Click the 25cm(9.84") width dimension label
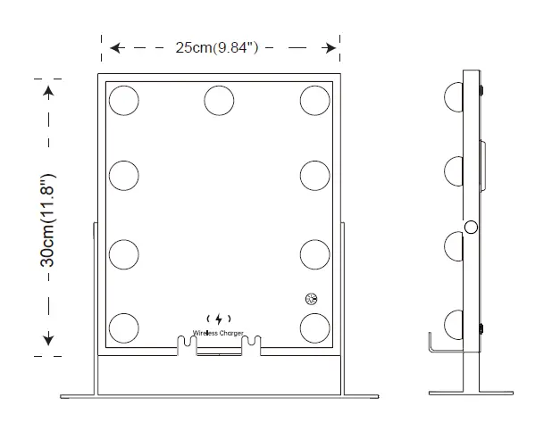[x=217, y=47]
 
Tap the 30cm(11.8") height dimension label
[x=48, y=220]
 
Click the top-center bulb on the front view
[x=219, y=101]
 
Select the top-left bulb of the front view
[x=124, y=101]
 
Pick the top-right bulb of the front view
[x=315, y=101]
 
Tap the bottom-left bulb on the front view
[x=124, y=327]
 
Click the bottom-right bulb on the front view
[x=315, y=327]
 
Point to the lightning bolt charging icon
[x=219, y=319]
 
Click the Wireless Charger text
[x=218, y=333]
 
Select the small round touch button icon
[x=311, y=299]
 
